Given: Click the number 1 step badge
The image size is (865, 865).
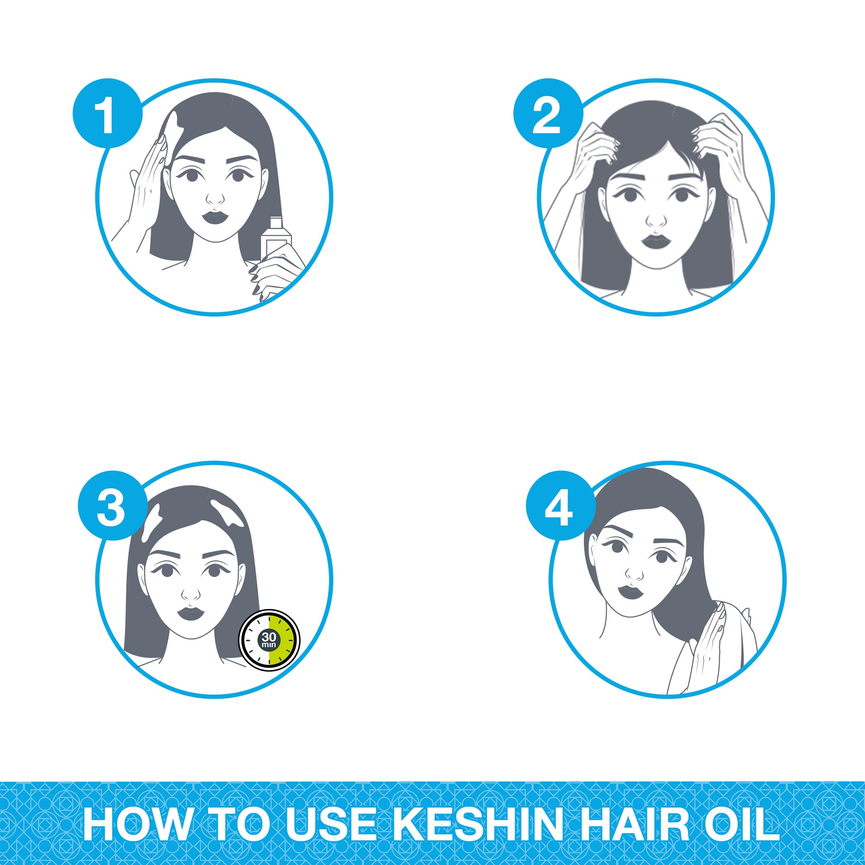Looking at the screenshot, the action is (107, 113).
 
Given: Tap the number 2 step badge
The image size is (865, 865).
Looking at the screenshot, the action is (548, 113).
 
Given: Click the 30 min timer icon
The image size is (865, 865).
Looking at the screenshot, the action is (269, 640).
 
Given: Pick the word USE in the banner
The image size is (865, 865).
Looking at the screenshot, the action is (332, 825).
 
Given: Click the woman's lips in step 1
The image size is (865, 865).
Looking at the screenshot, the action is (215, 218).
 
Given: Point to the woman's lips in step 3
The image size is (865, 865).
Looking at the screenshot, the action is (191, 612).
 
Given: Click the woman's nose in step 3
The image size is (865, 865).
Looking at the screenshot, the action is (191, 592).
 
